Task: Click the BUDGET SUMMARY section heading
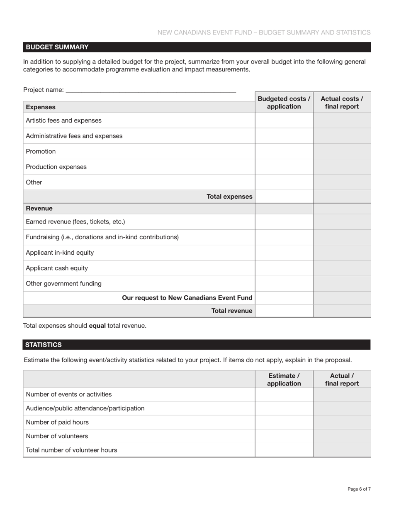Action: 57,47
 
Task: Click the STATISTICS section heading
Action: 44,344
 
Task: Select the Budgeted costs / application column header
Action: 284,103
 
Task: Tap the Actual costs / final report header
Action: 342,103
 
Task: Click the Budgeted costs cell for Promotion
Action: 284,151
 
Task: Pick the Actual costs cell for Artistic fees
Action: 342,120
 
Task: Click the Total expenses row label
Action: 229,197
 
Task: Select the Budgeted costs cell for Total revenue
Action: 284,311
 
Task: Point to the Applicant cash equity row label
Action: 57,268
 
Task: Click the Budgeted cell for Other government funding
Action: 284,284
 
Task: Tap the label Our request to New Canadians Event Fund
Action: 187,297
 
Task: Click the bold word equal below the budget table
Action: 97,326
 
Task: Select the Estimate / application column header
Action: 284,379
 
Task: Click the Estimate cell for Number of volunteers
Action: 284,436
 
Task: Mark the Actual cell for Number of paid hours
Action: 342,422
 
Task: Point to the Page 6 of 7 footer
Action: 359,489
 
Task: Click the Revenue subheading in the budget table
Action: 39,208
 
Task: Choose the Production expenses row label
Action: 56,167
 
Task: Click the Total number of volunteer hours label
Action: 71,450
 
